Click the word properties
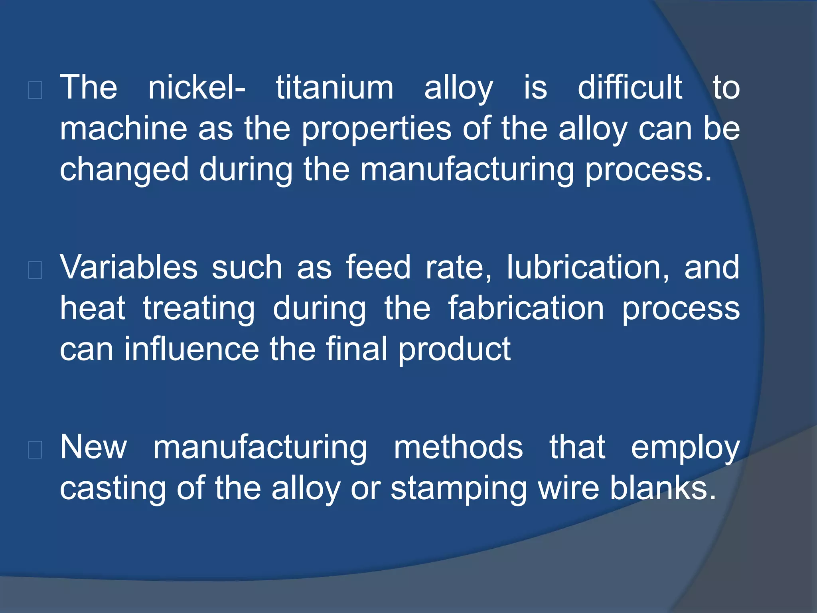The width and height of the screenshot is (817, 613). click(x=377, y=129)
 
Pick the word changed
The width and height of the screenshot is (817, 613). click(x=124, y=170)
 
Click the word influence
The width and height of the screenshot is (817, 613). click(x=192, y=349)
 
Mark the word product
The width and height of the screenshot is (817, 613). click(x=454, y=350)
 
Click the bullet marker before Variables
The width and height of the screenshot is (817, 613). click(x=36, y=270)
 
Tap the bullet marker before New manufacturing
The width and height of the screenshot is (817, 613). click(x=36, y=450)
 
